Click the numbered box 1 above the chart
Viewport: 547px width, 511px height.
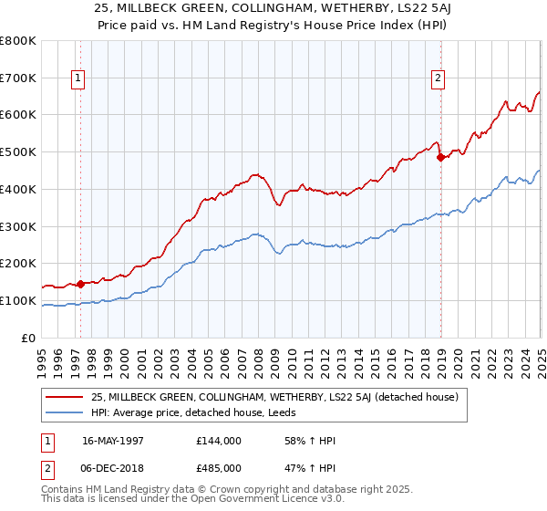78,79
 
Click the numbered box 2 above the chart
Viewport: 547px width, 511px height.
439,79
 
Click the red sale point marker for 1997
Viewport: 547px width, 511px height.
80,284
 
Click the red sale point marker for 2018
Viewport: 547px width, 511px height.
440,157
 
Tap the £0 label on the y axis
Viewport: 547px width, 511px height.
29,338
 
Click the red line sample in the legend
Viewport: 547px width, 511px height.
65,397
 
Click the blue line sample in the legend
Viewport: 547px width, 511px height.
65,412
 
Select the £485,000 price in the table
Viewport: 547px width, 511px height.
218,468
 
